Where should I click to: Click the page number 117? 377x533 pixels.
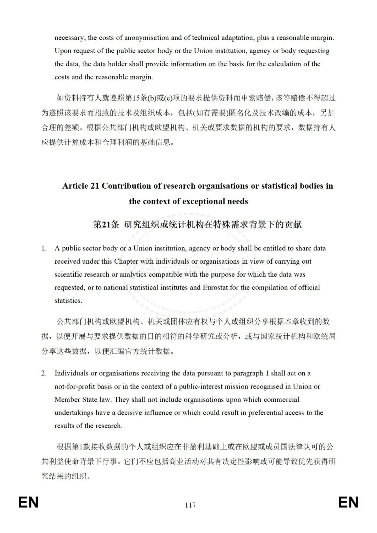coord(190,505)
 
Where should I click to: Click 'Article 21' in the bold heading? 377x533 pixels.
coord(81,186)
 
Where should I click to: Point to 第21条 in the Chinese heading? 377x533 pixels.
coord(106,225)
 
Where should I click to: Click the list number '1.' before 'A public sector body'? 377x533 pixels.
coord(44,248)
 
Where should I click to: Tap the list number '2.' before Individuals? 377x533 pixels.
coord(44,373)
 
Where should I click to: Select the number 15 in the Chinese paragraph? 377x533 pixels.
coord(136,98)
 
